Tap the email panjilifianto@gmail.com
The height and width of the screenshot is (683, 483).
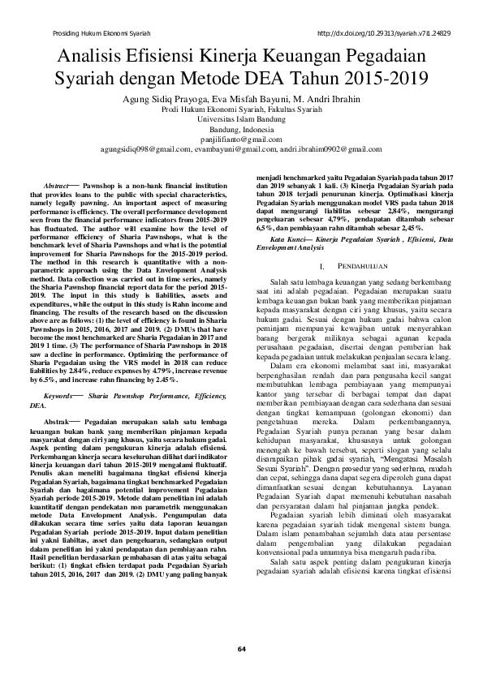tap(241, 140)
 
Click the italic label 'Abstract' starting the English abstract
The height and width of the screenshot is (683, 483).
tap(56, 186)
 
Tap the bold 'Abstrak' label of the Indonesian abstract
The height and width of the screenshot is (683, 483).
tap(55, 400)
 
